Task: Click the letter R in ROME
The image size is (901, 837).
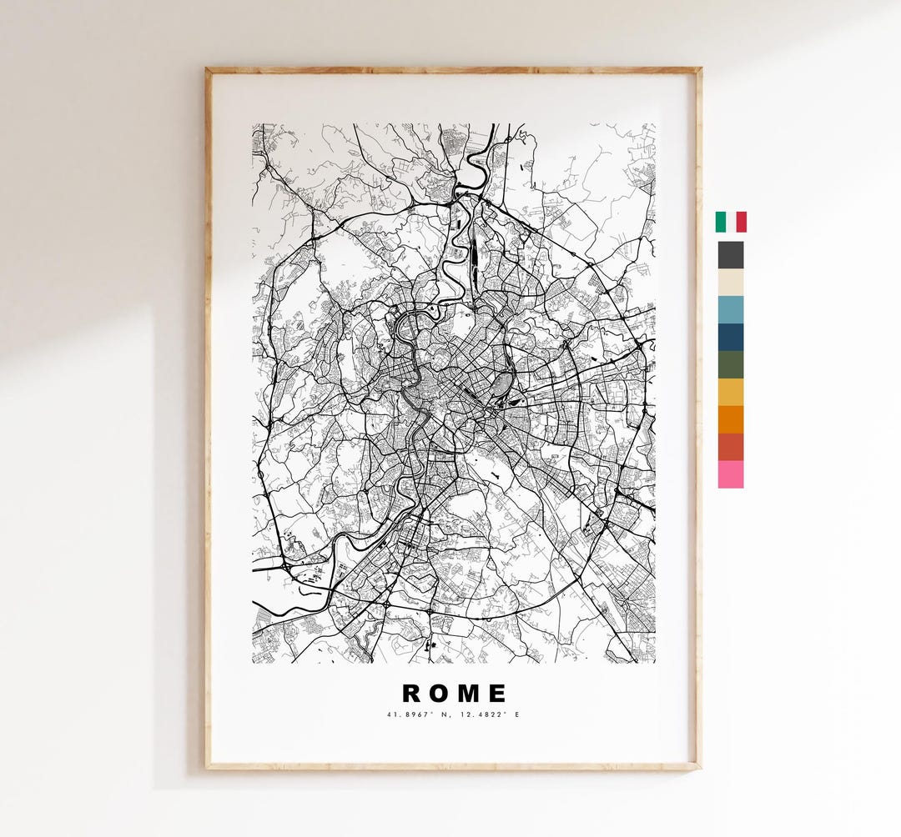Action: (x=412, y=694)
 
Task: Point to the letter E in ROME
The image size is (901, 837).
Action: (x=498, y=694)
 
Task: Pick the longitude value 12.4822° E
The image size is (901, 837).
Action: (x=486, y=714)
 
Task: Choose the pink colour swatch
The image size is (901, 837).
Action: (x=731, y=474)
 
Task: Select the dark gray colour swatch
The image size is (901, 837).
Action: (x=731, y=254)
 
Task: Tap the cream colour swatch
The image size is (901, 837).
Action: (x=731, y=282)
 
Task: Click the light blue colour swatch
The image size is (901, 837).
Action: (x=731, y=309)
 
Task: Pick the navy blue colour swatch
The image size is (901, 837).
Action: (x=731, y=337)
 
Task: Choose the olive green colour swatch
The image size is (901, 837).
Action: (x=731, y=364)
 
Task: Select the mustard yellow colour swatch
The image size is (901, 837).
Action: (x=731, y=392)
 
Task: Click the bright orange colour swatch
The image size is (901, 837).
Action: (x=731, y=419)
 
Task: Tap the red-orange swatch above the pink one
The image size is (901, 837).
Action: (x=731, y=447)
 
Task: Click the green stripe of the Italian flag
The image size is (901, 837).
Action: (x=720, y=222)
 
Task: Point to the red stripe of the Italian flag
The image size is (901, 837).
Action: (x=742, y=222)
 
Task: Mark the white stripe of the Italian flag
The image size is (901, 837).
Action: (x=731, y=222)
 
